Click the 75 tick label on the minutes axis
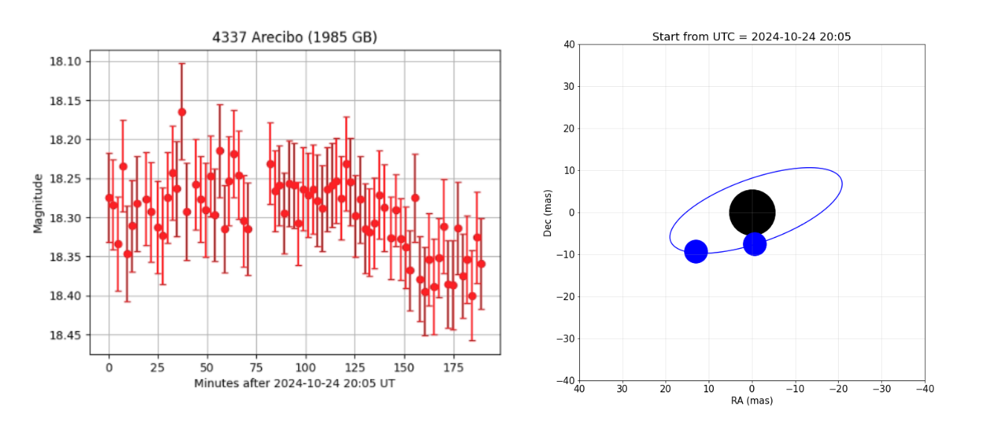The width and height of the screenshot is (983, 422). coord(256,368)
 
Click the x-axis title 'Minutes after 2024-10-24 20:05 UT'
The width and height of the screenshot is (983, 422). coord(294,383)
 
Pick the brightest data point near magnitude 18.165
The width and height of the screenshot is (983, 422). coord(182,112)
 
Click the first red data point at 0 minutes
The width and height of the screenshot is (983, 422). coord(109,198)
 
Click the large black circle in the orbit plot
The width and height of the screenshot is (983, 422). coord(752,212)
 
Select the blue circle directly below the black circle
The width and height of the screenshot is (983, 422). coord(755,244)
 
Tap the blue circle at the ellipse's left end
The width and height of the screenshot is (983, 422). coord(695,251)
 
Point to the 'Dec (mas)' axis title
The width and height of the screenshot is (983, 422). coord(548,212)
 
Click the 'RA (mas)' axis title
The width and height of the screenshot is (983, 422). coord(752,401)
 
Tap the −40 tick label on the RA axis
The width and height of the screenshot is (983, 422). coord(924,388)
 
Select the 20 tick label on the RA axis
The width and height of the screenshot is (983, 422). coord(665,388)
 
